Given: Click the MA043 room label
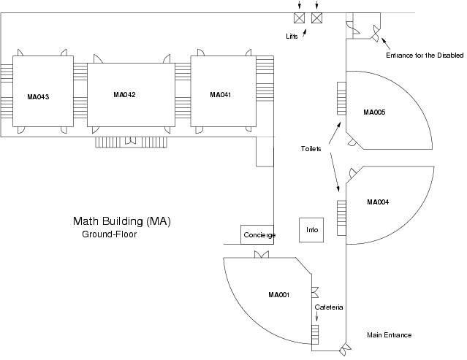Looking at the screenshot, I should coord(37,96).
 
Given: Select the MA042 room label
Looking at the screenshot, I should coord(125,95).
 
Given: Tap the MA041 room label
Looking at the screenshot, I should coord(220,95).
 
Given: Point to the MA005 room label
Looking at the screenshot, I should coord(374,112).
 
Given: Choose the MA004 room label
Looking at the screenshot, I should coord(377,202).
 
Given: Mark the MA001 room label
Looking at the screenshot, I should coord(279,295).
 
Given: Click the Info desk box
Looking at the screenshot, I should coord(312,230).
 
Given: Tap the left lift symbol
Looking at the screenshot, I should coord(299,18).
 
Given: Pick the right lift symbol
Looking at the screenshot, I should coord(316,18).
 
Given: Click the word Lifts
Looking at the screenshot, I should coord(292,35).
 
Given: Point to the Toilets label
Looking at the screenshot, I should coord(311,149).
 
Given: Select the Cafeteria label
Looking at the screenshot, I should coord(329,307).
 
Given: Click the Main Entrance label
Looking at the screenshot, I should coord(389,335).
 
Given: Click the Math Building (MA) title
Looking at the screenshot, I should coord(121,221).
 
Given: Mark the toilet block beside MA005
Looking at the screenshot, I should coord(341,98).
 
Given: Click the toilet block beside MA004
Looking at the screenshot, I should coord(341,217).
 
